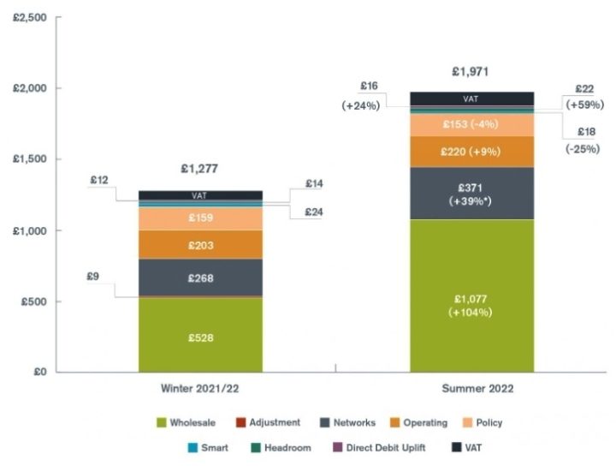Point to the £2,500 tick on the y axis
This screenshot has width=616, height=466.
[31, 17]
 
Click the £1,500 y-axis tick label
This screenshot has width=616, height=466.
[31, 159]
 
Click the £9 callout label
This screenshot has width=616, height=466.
[92, 277]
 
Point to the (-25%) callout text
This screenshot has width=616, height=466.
[582, 147]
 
